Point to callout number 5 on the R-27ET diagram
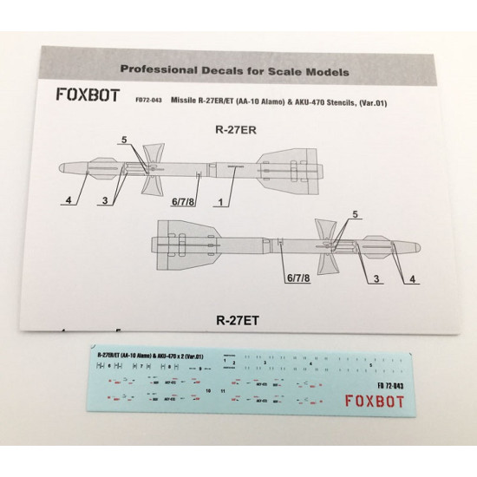354,213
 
